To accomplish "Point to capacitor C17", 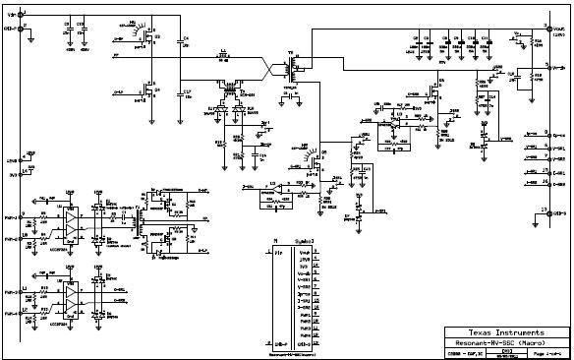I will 183,94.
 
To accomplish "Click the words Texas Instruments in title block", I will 506,333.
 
